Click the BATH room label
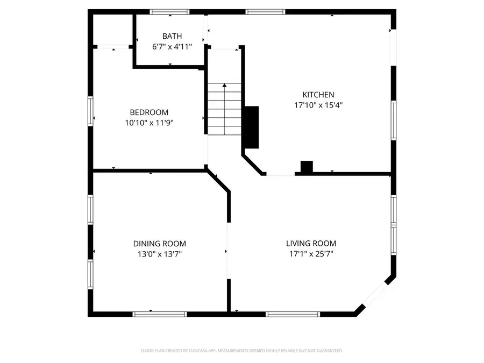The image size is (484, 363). pyautogui.click(x=172, y=37)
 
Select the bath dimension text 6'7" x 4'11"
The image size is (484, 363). pyautogui.click(x=172, y=47)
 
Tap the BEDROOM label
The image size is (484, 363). pyautogui.click(x=149, y=112)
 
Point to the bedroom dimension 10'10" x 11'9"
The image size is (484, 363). pyautogui.click(x=149, y=123)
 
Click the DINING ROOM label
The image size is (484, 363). pyautogui.click(x=160, y=244)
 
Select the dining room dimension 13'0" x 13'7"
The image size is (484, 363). pyautogui.click(x=160, y=254)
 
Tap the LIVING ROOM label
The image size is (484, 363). pyautogui.click(x=311, y=244)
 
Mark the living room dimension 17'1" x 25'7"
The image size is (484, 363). pyautogui.click(x=311, y=254)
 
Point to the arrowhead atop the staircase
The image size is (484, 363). pyautogui.click(x=224, y=85)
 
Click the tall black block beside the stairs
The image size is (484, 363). pyautogui.click(x=251, y=127)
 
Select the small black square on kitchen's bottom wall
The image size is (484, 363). pyautogui.click(x=307, y=168)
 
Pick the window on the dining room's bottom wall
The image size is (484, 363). pyautogui.click(x=160, y=314)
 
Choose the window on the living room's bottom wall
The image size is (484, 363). pyautogui.click(x=293, y=314)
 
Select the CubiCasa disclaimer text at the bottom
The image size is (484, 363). pyautogui.click(x=241, y=351)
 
